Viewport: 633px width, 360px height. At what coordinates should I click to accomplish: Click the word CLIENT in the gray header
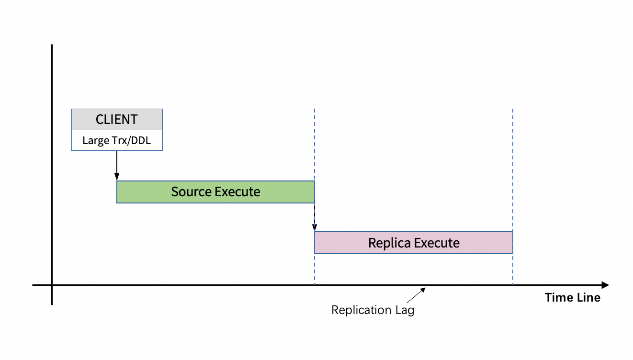click(x=117, y=119)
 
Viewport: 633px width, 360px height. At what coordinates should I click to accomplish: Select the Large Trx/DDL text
click(x=117, y=140)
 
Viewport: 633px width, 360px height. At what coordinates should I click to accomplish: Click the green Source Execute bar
click(x=215, y=192)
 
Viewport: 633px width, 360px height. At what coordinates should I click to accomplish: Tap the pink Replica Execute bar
click(x=414, y=243)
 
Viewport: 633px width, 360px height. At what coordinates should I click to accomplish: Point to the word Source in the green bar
click(x=192, y=191)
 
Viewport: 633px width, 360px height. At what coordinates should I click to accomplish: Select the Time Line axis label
click(x=573, y=298)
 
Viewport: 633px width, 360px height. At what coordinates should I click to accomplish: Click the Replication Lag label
click(x=373, y=310)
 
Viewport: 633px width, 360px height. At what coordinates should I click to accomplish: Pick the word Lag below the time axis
click(x=405, y=310)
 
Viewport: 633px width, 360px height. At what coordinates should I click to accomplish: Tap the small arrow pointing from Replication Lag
click(x=416, y=295)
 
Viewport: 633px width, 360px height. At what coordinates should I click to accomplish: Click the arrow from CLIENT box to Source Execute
click(x=117, y=166)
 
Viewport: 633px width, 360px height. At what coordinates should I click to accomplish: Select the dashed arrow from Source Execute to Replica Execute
click(x=315, y=217)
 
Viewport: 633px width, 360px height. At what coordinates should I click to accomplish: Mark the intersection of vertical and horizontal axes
click(x=52, y=285)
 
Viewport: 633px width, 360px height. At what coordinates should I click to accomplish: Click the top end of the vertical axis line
click(x=52, y=45)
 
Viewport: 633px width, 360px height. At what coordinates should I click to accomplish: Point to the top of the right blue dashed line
click(x=513, y=109)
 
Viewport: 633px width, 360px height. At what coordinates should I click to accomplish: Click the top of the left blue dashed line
click(x=315, y=109)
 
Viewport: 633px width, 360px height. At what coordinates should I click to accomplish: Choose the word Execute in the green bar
click(x=237, y=191)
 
